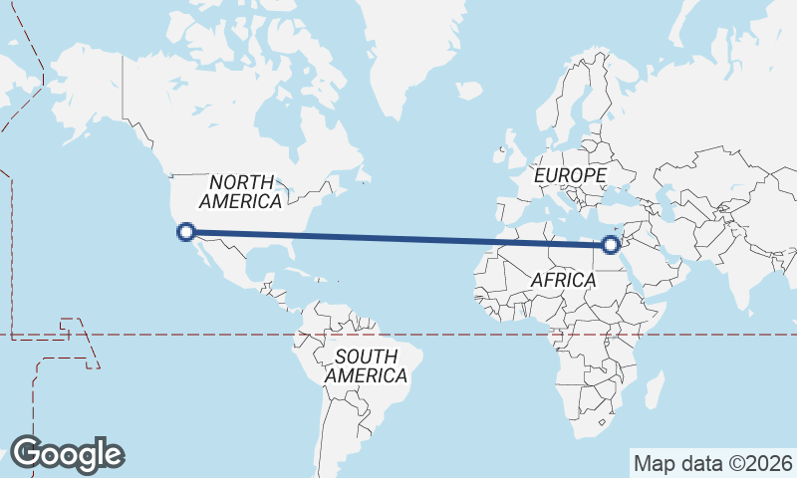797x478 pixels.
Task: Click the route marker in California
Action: pos(184,233)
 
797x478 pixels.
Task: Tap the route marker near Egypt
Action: pos(612,242)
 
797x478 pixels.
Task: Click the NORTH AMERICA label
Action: pos(241,191)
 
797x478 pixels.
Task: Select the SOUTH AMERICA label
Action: pos(366,365)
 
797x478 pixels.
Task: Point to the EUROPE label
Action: pos(570,175)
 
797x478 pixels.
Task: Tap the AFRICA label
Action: pos(563,280)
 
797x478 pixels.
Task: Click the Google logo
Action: pos(67,454)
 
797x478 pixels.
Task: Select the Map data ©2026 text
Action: pos(712,463)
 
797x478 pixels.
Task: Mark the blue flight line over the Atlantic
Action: pos(398,237)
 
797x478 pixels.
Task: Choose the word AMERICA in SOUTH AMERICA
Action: pos(366,375)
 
